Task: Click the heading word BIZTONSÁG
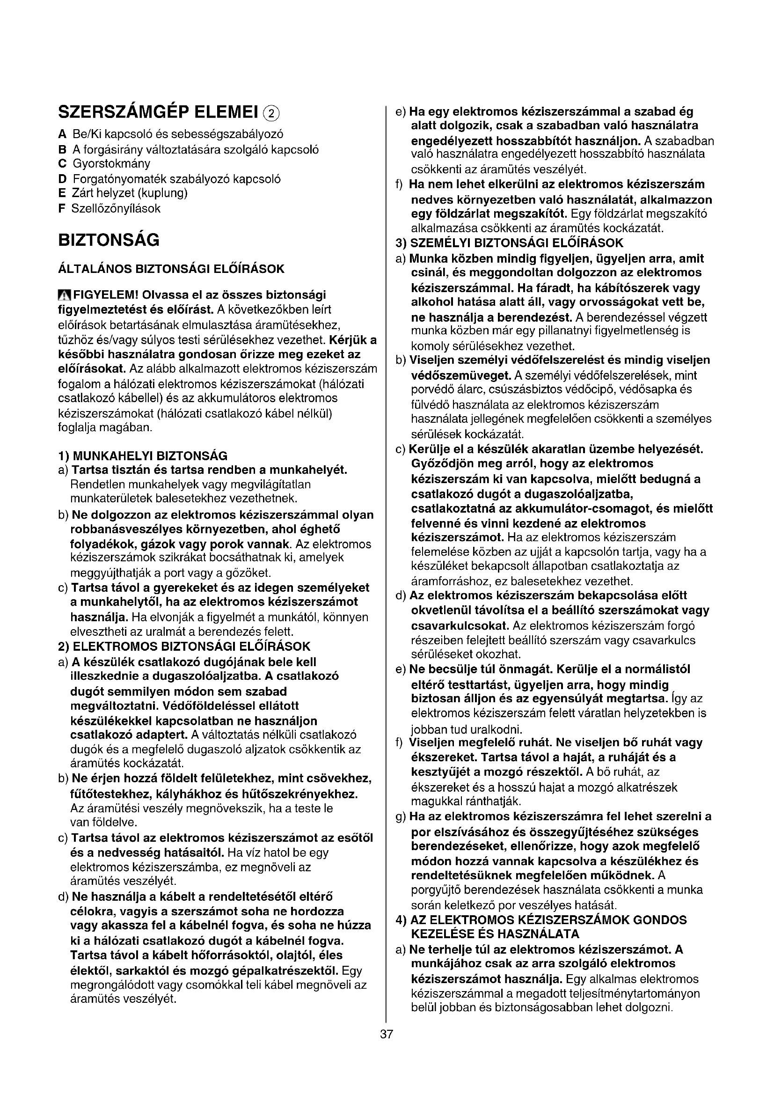(x=109, y=240)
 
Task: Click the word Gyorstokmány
(x=111, y=163)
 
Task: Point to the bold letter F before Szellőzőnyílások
(x=61, y=208)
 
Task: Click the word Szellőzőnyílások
(x=116, y=208)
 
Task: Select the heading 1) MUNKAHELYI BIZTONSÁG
(x=143, y=456)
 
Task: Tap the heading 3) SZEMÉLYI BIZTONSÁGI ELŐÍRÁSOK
(x=510, y=243)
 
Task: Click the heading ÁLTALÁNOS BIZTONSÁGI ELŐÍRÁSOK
(x=171, y=269)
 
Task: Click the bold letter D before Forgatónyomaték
(x=62, y=179)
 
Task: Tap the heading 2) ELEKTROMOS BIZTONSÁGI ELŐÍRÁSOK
(x=184, y=646)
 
